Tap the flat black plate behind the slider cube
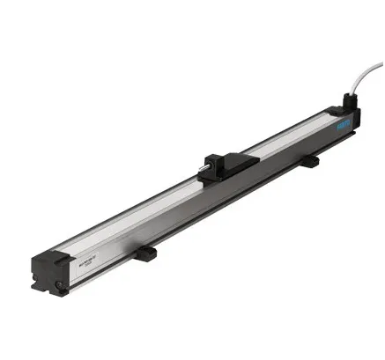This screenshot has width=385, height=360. point(236,161)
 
